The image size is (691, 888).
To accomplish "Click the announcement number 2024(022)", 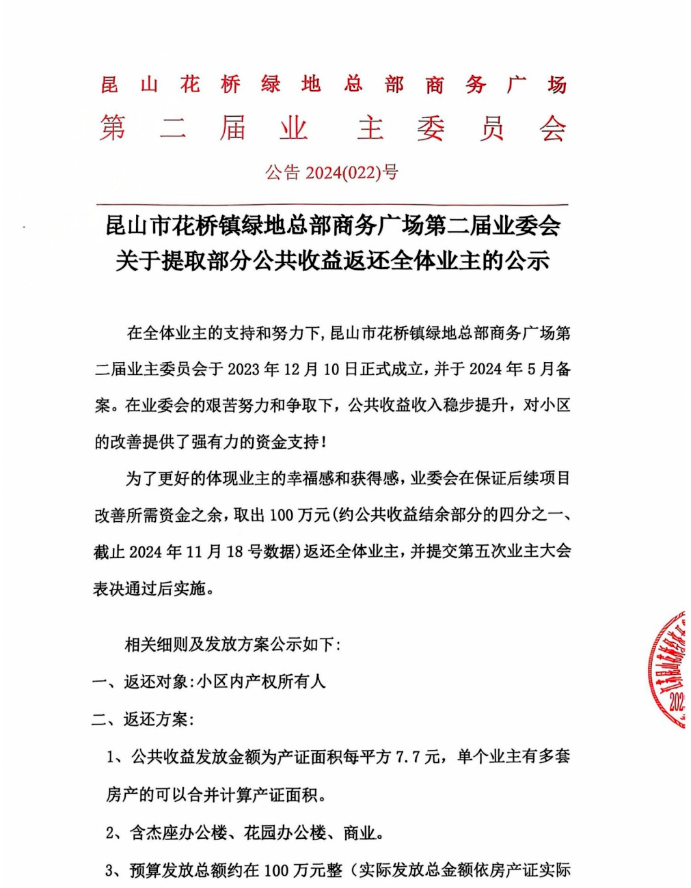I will pos(342,173).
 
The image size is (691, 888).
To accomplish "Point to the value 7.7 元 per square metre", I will pos(418,757).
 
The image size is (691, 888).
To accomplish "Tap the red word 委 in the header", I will pos(431,128).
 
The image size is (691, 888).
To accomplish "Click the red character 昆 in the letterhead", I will pos(109,85).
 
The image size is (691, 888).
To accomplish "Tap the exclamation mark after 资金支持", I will pos(324,443).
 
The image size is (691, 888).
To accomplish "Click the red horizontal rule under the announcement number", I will pos(332,204).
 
